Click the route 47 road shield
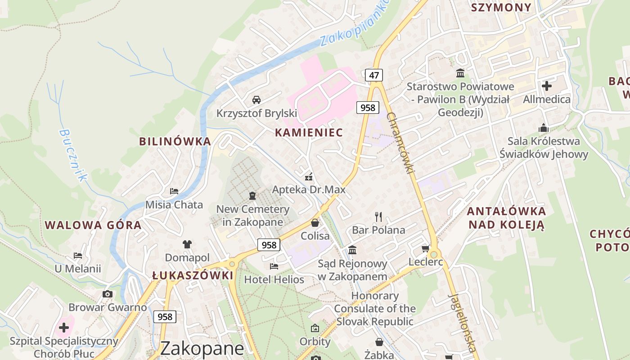[x=374, y=75]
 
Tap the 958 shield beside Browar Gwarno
[x=165, y=317]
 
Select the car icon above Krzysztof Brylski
[x=256, y=100]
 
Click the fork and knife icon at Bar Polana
[x=378, y=217]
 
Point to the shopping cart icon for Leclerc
[x=425, y=248]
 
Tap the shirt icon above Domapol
[x=187, y=244]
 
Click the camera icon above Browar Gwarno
[x=108, y=294]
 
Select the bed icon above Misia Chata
[x=174, y=191]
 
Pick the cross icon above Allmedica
[x=547, y=85]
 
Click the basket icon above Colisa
[x=315, y=223]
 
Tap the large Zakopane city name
[x=202, y=348]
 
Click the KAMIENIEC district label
[x=309, y=133]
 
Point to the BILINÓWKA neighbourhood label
[x=175, y=141]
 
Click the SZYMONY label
[x=501, y=7]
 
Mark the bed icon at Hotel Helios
[x=274, y=266]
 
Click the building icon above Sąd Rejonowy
[x=352, y=250]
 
